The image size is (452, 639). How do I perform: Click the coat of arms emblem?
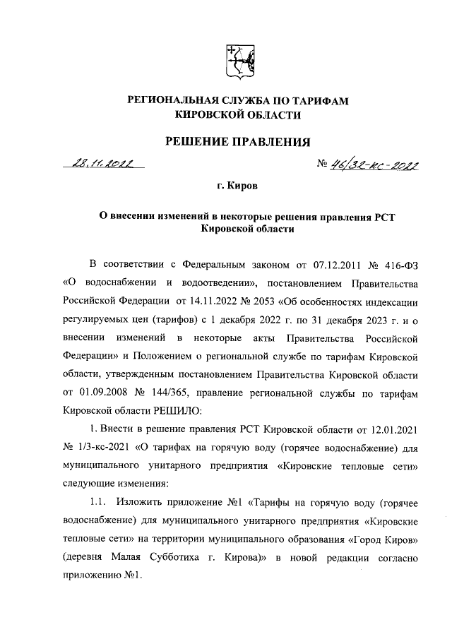(x=237, y=62)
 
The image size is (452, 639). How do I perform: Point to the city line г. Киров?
(x=237, y=187)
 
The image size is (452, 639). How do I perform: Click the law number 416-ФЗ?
(x=393, y=265)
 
